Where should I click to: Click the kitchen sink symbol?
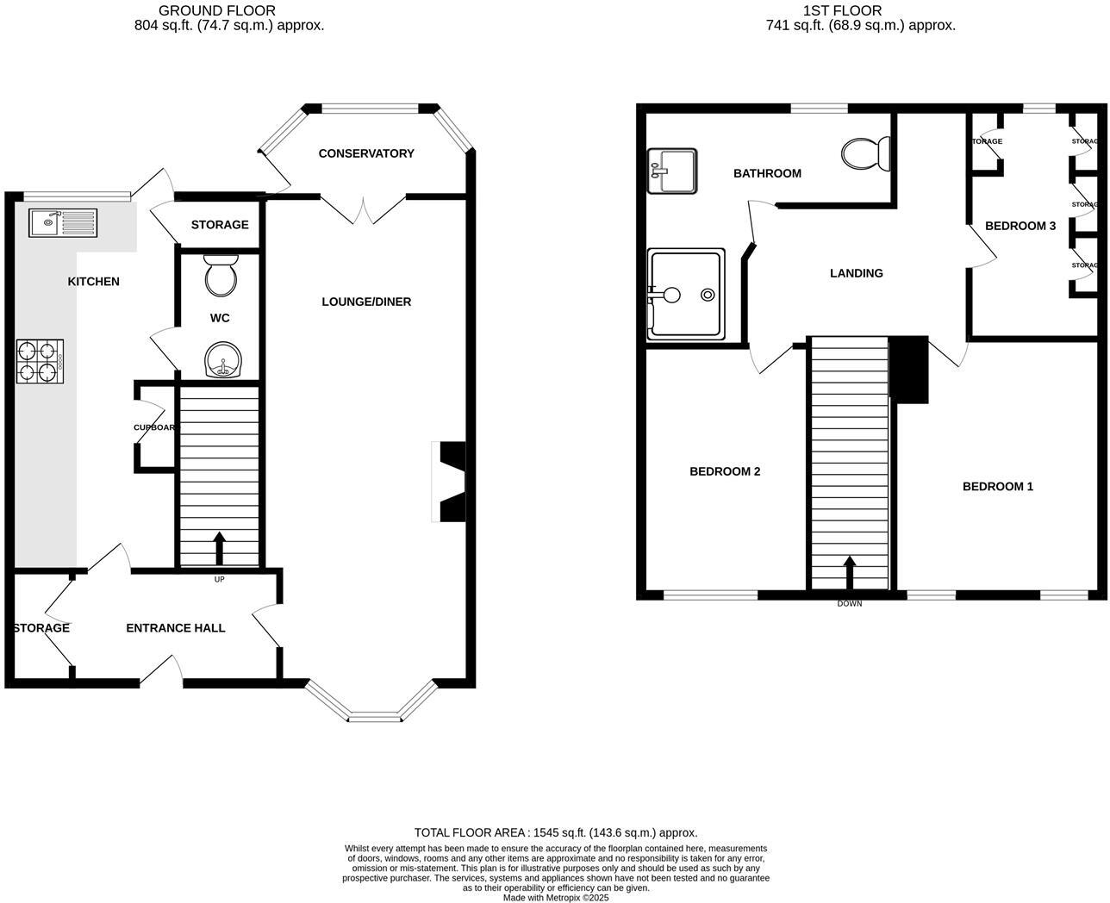click(x=62, y=222)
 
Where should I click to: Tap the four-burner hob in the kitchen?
click(x=40, y=361)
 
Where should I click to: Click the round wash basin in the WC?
click(x=221, y=359)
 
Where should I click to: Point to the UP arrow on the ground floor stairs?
click(x=219, y=547)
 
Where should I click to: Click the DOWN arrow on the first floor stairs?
click(x=850, y=572)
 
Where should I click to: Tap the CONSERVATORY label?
click(x=366, y=153)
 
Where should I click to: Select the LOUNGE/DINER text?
click(x=366, y=302)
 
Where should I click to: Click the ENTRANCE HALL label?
click(x=176, y=628)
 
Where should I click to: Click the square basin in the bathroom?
click(x=672, y=171)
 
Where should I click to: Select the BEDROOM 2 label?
click(x=725, y=471)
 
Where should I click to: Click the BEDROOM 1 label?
click(x=997, y=487)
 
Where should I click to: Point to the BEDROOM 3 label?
click(x=1020, y=226)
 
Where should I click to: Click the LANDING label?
click(x=856, y=273)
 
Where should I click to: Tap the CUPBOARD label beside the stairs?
click(x=155, y=427)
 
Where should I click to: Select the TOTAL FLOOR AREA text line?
click(x=556, y=832)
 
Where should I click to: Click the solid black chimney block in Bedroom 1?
click(x=909, y=370)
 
